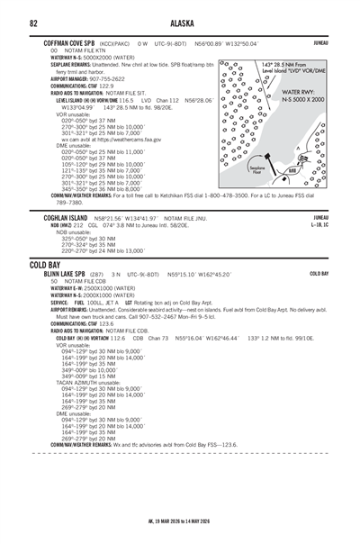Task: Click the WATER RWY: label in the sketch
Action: (x=298, y=92)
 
